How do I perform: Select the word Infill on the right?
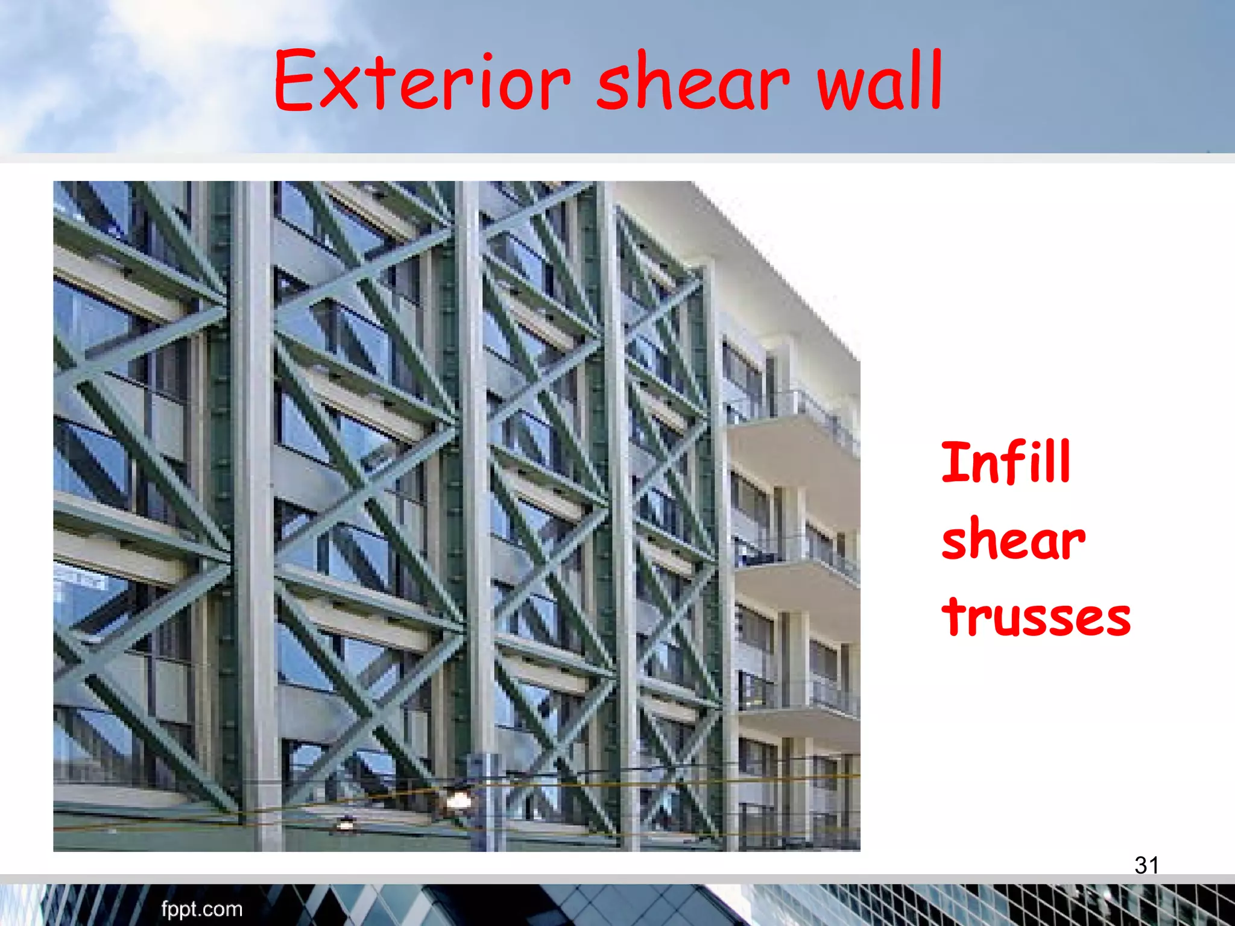click(x=1005, y=462)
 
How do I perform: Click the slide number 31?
click(x=1146, y=865)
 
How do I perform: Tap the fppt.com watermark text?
click(x=201, y=909)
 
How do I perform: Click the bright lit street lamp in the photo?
click(x=458, y=800)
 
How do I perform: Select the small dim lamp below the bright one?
click(x=346, y=823)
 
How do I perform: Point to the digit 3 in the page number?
click(x=1140, y=865)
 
